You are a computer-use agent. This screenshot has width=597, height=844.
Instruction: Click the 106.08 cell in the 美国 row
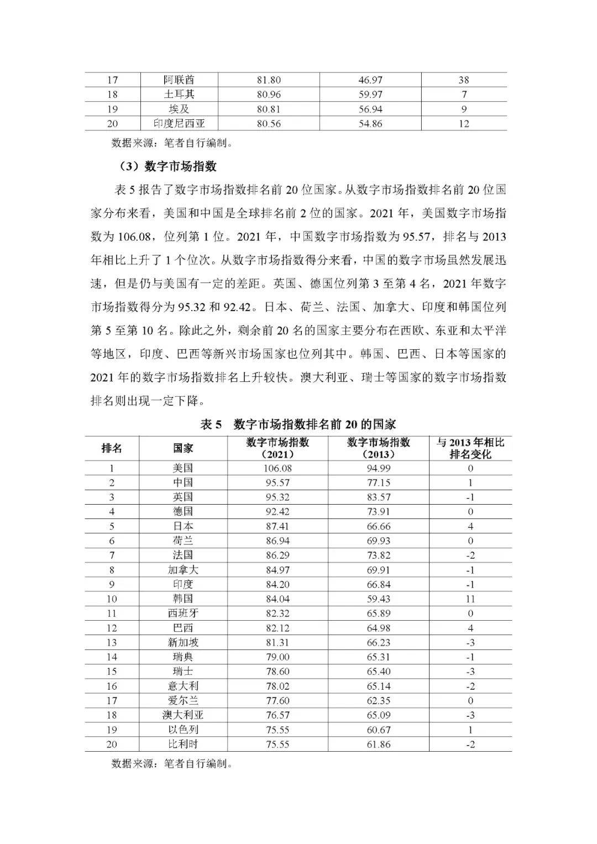click(x=277, y=468)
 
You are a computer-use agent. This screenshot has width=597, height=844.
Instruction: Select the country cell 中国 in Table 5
click(x=183, y=483)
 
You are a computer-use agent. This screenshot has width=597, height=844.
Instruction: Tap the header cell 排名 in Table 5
click(x=112, y=448)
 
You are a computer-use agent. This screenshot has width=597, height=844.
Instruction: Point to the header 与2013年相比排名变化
click(x=470, y=448)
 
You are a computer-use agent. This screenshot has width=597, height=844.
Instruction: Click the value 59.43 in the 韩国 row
click(x=378, y=599)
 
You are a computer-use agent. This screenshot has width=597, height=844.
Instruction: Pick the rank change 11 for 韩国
click(x=470, y=599)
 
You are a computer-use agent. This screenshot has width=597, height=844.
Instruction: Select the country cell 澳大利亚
click(x=183, y=715)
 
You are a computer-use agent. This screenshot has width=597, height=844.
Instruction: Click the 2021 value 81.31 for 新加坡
click(x=277, y=642)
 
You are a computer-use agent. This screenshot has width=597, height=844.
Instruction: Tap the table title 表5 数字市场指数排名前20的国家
click(x=298, y=424)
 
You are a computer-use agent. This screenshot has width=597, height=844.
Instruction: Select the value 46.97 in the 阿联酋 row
click(x=370, y=80)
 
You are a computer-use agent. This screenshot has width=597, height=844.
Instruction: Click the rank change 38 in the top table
click(x=464, y=80)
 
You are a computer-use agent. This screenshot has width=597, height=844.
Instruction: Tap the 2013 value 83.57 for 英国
click(x=378, y=497)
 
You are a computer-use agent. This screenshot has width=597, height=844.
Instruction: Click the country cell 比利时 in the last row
click(x=183, y=744)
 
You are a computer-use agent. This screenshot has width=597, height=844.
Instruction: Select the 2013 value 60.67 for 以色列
click(x=378, y=730)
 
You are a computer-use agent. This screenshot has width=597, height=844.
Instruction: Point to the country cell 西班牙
click(x=183, y=613)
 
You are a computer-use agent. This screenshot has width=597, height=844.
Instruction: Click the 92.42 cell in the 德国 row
click(x=277, y=512)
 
